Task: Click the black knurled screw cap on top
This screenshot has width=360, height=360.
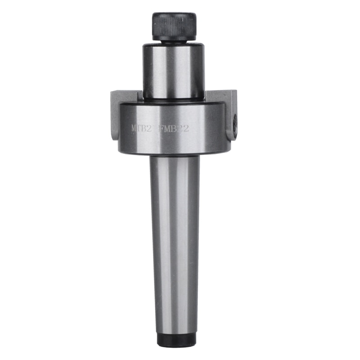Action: [x=174, y=26]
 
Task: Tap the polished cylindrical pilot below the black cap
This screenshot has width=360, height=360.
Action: [x=174, y=70]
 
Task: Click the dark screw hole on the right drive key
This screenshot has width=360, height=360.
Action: [x=234, y=121]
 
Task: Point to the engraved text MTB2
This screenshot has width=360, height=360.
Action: [x=141, y=129]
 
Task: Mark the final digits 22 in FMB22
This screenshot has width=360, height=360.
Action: [x=183, y=129]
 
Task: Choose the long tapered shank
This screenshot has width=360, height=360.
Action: [x=175, y=243]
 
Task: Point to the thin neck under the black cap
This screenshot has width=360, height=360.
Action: [x=174, y=41]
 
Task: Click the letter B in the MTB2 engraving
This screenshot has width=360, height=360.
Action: [x=145, y=129]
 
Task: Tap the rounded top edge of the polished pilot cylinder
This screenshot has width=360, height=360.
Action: [x=174, y=45]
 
